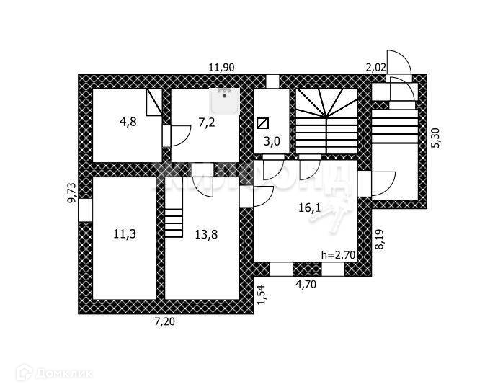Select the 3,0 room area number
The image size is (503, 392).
[x=272, y=141]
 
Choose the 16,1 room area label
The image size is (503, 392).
[x=309, y=208]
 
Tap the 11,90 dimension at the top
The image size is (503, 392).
[x=221, y=68]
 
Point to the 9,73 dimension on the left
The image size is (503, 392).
[x=71, y=193]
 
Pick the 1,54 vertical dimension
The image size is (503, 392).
[x=262, y=295]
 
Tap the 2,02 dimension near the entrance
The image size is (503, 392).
[x=376, y=68]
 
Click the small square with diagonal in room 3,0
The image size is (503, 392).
[x=263, y=122]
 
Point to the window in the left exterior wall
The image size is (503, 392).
[x=85, y=210]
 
